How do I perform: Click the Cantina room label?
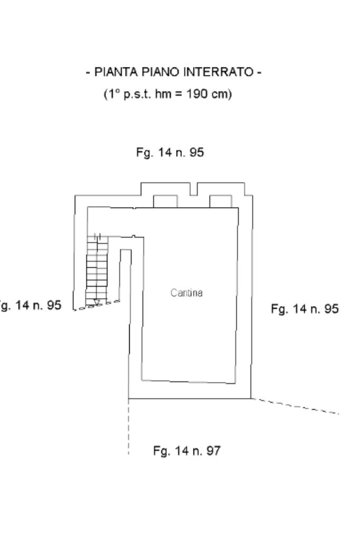(187, 293)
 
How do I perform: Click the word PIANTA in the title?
(116, 72)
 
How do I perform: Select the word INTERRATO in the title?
(219, 72)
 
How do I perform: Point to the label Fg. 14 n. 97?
(187, 450)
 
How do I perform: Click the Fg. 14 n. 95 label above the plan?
(170, 152)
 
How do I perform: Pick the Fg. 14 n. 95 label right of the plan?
(305, 309)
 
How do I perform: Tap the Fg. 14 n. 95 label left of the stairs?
(30, 305)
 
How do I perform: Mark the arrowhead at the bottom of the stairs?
(97, 302)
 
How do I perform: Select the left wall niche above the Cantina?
(166, 201)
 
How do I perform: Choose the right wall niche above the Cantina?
(221, 201)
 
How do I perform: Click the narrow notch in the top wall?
(193, 189)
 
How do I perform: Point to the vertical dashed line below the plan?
(129, 427)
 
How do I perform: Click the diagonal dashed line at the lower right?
(295, 406)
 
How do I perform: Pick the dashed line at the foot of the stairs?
(96, 306)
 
